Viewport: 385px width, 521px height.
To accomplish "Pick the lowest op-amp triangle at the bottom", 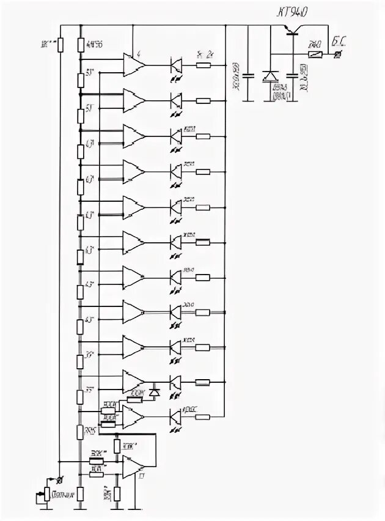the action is point(132,467).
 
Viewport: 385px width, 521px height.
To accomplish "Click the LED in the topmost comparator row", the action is point(175,65).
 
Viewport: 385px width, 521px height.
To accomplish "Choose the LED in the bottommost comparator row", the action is point(175,417).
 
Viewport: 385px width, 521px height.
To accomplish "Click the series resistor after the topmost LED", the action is point(202,65).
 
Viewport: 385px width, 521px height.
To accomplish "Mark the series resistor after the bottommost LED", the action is point(202,417).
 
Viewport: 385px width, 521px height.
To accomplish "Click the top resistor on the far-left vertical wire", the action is point(60,45).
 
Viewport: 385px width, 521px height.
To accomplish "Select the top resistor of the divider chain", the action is point(81,44).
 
